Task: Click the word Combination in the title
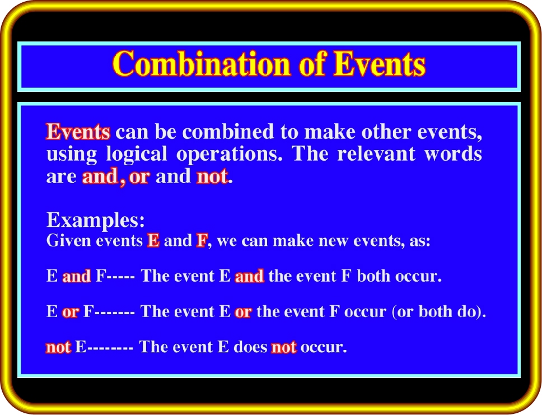click(202, 64)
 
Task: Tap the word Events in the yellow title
click(379, 64)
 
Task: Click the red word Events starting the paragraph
click(78, 132)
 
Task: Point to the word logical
click(137, 155)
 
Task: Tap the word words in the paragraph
click(453, 154)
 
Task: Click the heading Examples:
click(95, 220)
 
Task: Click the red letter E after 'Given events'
click(153, 240)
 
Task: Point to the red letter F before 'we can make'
click(202, 240)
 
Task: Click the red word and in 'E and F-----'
click(76, 276)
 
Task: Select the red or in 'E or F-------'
click(71, 312)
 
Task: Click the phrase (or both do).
click(439, 311)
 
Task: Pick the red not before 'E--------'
click(58, 347)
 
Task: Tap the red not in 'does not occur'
click(284, 347)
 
